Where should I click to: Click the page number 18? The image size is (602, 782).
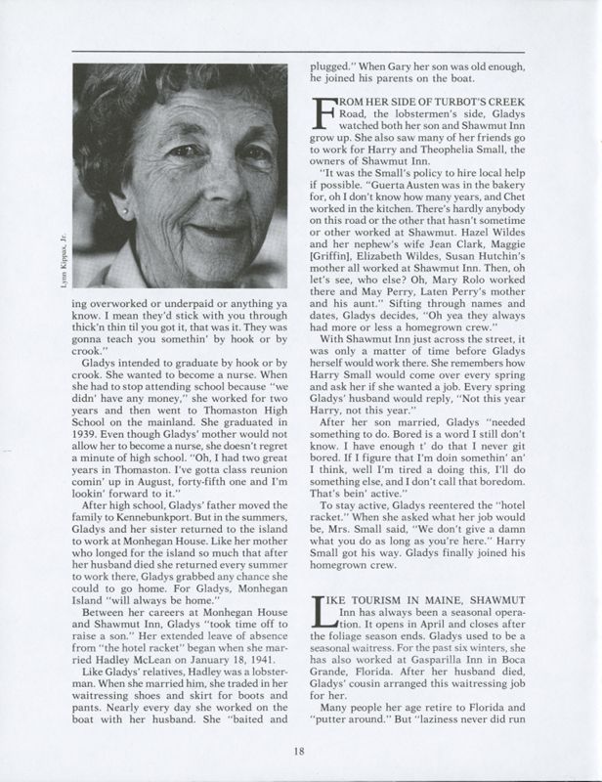coord(300,751)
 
